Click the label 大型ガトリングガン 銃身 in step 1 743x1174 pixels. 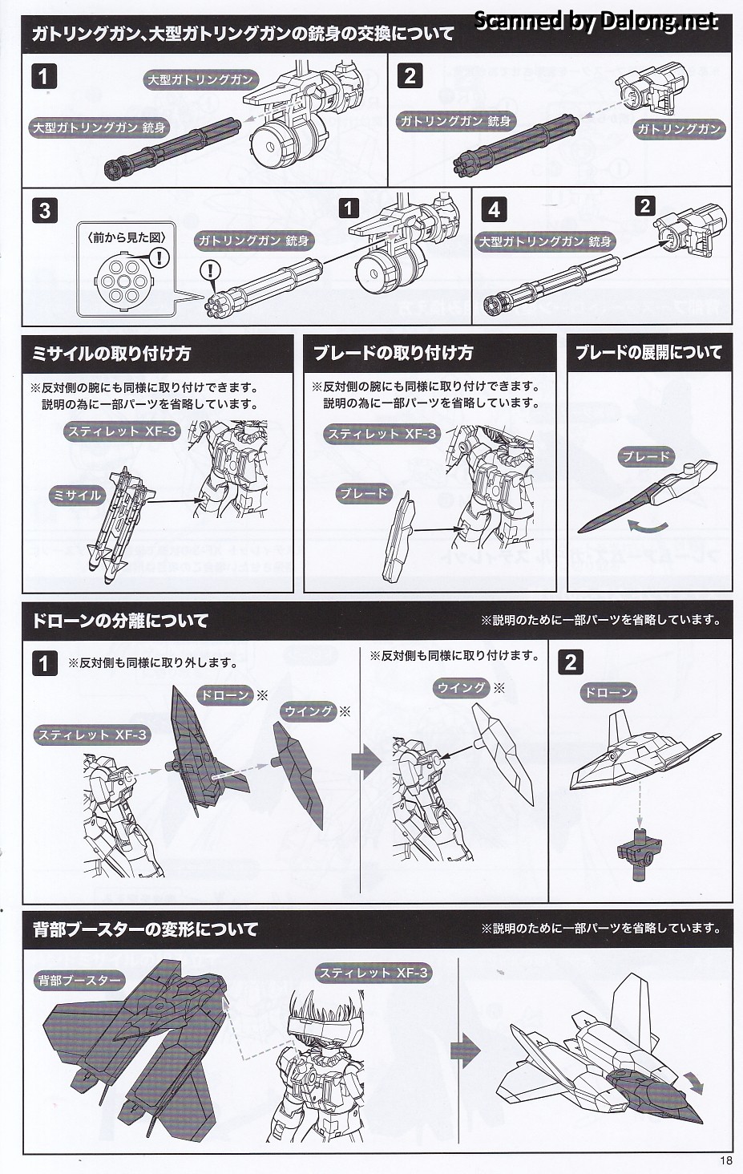pyautogui.click(x=99, y=128)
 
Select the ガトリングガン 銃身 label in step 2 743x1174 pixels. pyautogui.click(x=455, y=121)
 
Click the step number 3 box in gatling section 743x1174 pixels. pyautogui.click(x=45, y=210)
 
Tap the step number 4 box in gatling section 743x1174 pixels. pyautogui.click(x=495, y=210)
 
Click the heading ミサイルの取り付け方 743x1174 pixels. pyautogui.click(x=111, y=354)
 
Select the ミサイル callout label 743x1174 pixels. pyautogui.click(x=77, y=495)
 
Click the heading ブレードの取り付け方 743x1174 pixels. pyautogui.click(x=393, y=354)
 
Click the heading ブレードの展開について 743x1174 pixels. pyautogui.click(x=648, y=353)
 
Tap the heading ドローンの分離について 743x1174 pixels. pyautogui.click(x=120, y=621)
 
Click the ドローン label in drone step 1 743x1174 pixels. pyautogui.click(x=224, y=695)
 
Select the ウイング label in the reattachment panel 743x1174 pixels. pyautogui.click(x=462, y=688)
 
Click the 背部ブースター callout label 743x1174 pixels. pyautogui.click(x=79, y=981)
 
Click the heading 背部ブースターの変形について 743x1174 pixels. pyautogui.click(x=146, y=929)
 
